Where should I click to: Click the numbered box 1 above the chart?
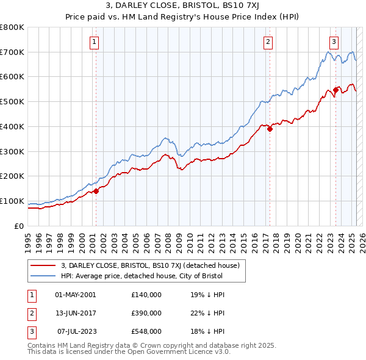coord(96,42)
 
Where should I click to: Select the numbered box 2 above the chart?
coord(268,42)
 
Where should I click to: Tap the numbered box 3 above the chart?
coord(334,42)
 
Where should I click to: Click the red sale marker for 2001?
coord(96,191)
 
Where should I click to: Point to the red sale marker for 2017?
coord(270,129)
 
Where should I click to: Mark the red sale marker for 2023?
coord(335,90)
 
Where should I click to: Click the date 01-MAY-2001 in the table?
coord(76,295)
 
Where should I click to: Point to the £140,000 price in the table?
coord(146,295)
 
